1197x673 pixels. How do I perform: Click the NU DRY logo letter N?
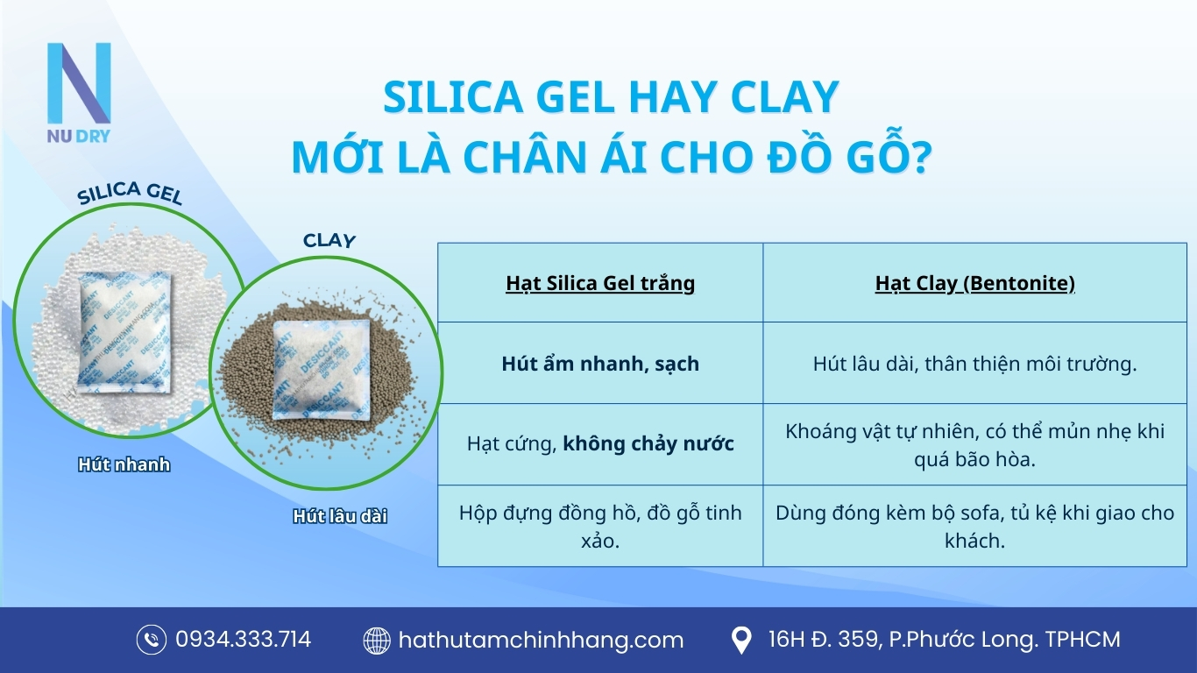tap(79, 83)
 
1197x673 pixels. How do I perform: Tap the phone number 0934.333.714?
tap(243, 640)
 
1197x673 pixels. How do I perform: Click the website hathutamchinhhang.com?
tap(541, 640)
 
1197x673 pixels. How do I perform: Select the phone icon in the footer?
tap(152, 640)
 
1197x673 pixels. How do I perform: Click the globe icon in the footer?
tap(377, 641)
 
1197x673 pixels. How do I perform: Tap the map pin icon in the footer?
tap(741, 641)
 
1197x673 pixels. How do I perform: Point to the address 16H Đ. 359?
tap(944, 640)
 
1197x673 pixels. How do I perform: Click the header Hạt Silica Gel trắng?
tap(600, 283)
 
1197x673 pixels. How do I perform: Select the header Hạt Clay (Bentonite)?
tap(974, 283)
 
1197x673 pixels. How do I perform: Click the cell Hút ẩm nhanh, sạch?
tap(600, 364)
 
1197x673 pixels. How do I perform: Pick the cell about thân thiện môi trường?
tap(974, 364)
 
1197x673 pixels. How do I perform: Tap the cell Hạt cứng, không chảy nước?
tap(600, 444)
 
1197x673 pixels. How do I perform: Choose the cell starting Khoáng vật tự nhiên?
tap(974, 444)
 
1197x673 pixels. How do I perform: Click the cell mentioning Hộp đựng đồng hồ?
tap(600, 526)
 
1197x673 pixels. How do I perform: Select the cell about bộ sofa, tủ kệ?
tap(974, 526)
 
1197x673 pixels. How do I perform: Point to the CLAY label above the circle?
tap(329, 239)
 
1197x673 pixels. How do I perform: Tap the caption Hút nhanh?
tap(124, 464)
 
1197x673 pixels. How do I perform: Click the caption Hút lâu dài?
tap(340, 516)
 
